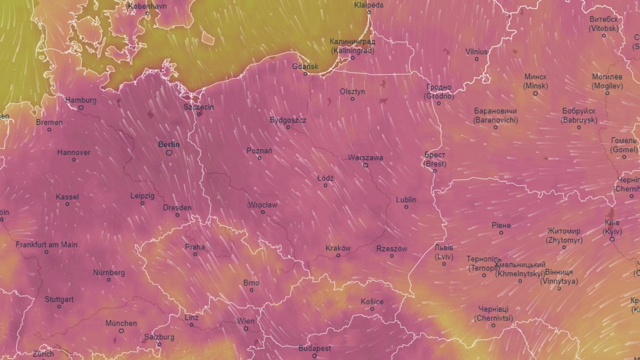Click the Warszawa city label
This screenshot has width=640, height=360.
(x=365, y=158)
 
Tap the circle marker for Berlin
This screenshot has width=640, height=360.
(x=169, y=153)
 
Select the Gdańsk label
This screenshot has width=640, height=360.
(x=306, y=67)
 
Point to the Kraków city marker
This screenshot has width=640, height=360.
(x=338, y=255)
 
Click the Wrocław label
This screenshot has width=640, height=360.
(x=262, y=205)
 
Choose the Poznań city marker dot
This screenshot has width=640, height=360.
(x=260, y=158)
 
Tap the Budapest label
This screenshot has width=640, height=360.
(x=314, y=348)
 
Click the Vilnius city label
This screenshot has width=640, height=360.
(x=476, y=52)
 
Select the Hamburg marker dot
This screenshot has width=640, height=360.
(x=81, y=107)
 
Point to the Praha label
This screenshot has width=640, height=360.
(x=195, y=247)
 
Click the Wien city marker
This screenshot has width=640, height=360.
(x=246, y=329)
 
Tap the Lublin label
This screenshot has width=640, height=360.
(x=406, y=200)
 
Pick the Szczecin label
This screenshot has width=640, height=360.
(x=198, y=107)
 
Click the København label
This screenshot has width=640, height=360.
(x=148, y=6)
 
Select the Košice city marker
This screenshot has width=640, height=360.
(x=372, y=309)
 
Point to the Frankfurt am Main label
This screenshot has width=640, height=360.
(x=46, y=245)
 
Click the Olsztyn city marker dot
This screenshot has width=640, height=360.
(x=353, y=99)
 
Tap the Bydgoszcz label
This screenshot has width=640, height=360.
(x=288, y=120)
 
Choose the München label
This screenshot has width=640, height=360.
(x=121, y=323)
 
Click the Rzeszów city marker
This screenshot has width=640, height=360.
(x=392, y=256)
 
